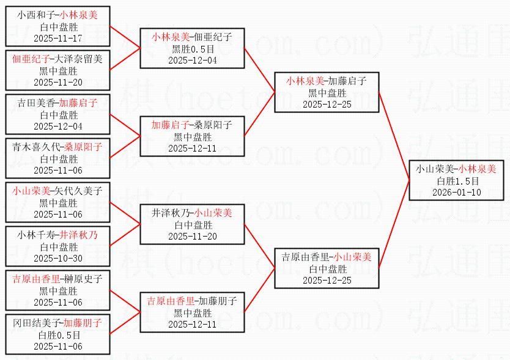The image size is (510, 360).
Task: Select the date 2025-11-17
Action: pos(58,38)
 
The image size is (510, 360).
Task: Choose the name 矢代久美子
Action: pos(78,191)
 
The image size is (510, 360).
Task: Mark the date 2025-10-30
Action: pos(58,258)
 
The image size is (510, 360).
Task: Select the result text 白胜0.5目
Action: pos(58,335)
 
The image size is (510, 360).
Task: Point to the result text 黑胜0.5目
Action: pos(193,49)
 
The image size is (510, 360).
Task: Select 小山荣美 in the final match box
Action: pos(435,169)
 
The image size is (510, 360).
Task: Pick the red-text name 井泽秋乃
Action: pos(79,235)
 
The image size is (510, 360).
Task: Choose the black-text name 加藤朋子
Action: pos(218,301)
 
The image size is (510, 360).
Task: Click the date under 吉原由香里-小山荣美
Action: pos(327,280)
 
